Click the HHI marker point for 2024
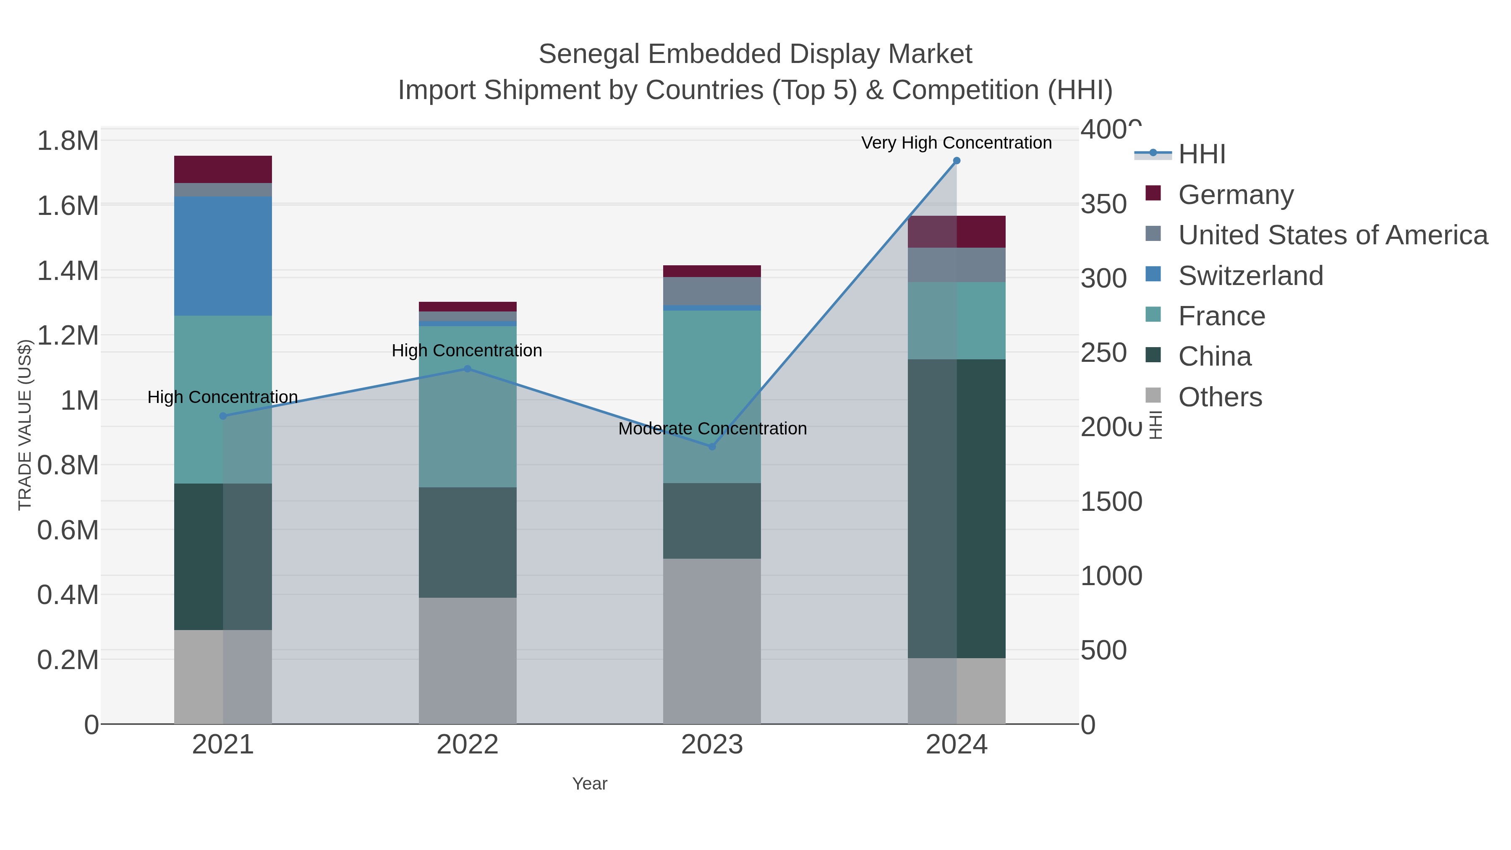pyautogui.click(x=957, y=161)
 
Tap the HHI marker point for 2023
pyautogui.click(x=712, y=447)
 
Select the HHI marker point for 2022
pyautogui.click(x=468, y=369)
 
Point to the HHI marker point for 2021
pyautogui.click(x=223, y=416)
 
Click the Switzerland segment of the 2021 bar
pyautogui.click(x=223, y=256)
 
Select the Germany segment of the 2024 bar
pyautogui.click(x=957, y=232)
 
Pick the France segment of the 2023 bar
pyautogui.click(x=712, y=397)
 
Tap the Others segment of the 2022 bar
pyautogui.click(x=468, y=661)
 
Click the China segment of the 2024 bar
pyautogui.click(x=957, y=509)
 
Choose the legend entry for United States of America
pyautogui.click(x=1333, y=235)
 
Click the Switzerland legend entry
pyautogui.click(x=1251, y=276)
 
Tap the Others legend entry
pyautogui.click(x=1220, y=397)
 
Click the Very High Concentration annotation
pyautogui.click(x=956, y=143)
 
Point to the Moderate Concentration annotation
pyautogui.click(x=712, y=429)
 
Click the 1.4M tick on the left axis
pyautogui.click(x=68, y=271)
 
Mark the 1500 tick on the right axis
pyautogui.click(x=1111, y=502)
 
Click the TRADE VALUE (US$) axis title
pyautogui.click(x=25, y=425)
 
